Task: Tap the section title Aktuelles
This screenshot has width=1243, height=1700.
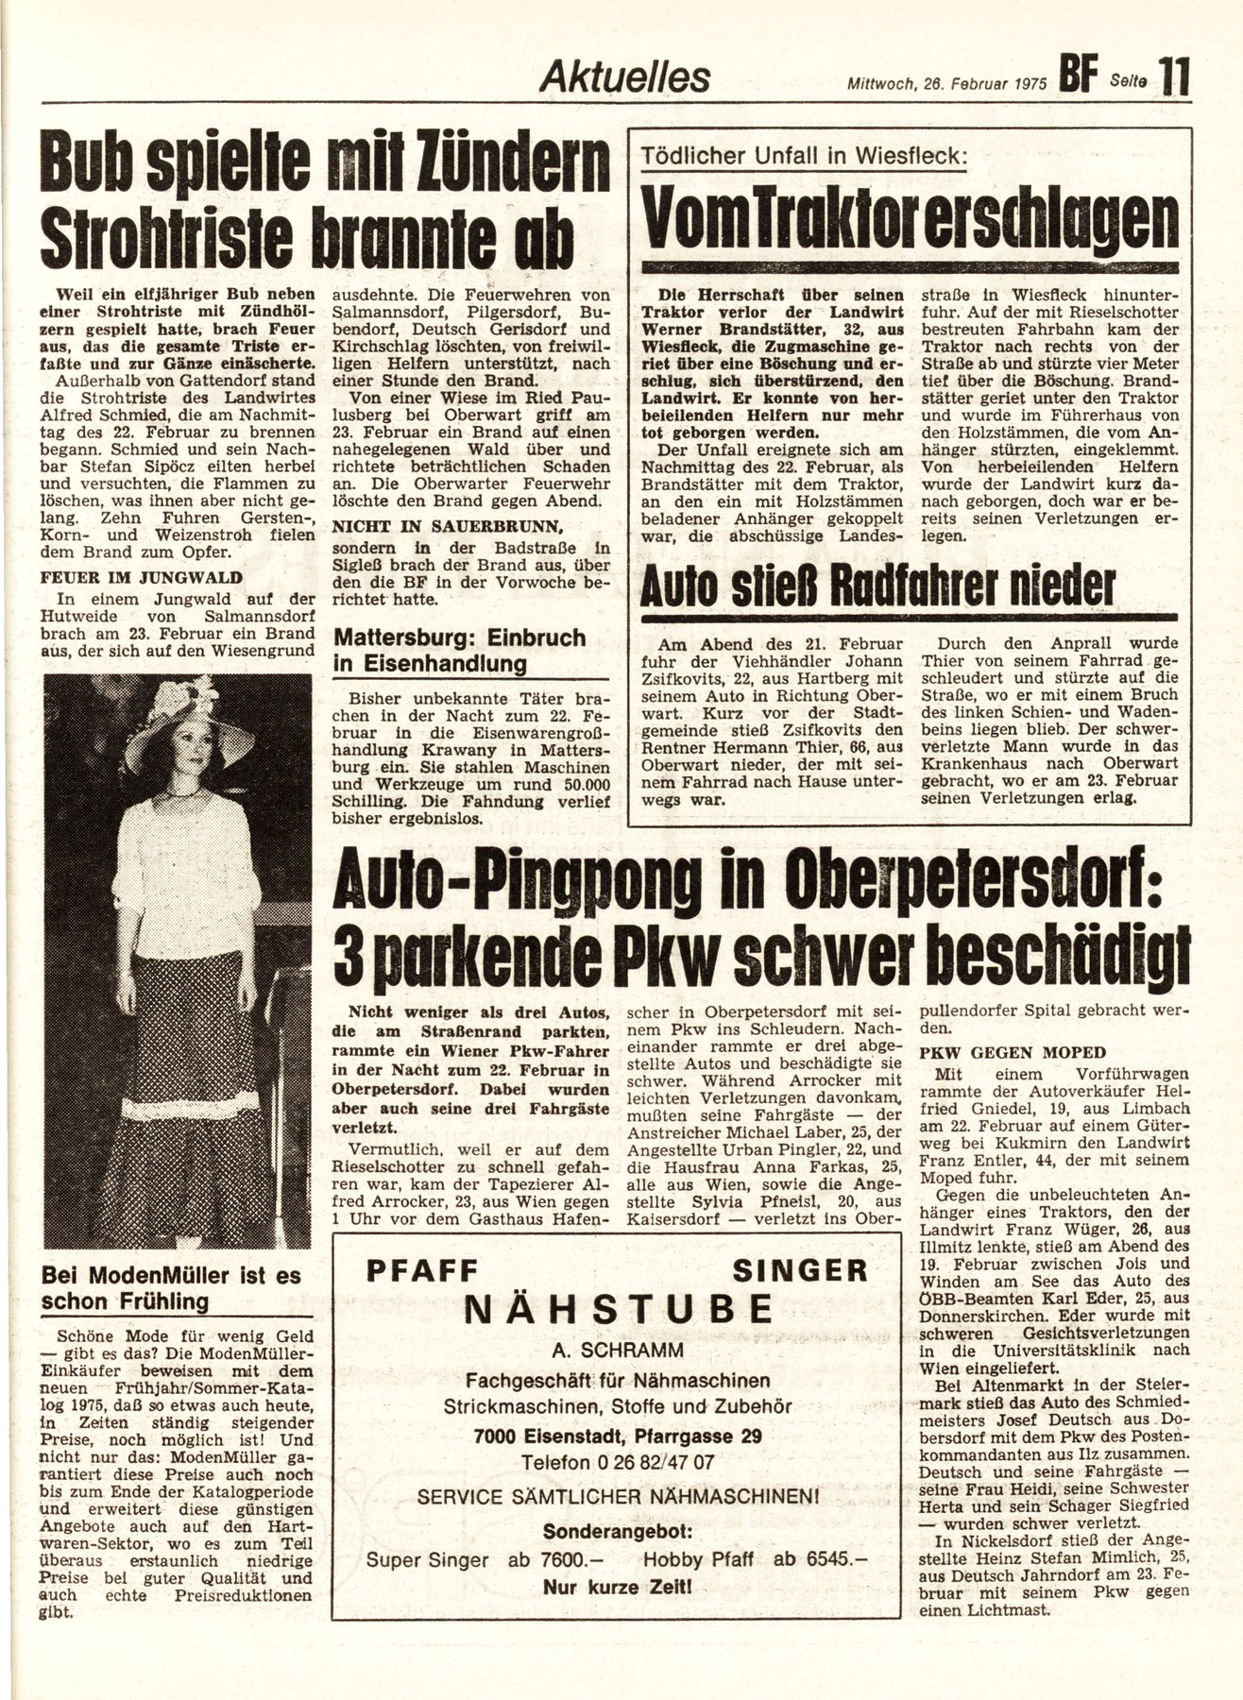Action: [x=624, y=77]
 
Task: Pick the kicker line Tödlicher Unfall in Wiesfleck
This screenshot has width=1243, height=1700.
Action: [x=804, y=158]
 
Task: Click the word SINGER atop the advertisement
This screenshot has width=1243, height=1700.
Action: [x=812, y=1269]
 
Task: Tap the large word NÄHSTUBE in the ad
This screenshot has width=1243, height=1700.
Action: [x=618, y=1309]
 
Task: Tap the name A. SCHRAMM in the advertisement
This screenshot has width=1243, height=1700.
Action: [x=618, y=1347]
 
